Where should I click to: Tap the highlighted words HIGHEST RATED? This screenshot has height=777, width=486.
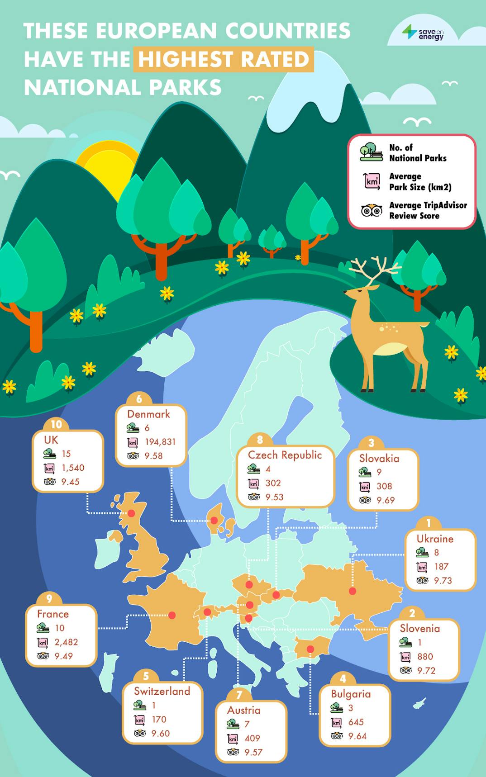click(224, 59)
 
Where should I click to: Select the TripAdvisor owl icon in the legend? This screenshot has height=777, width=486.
click(372, 210)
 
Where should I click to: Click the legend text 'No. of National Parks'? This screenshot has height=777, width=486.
click(417, 153)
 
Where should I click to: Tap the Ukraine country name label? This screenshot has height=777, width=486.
click(435, 539)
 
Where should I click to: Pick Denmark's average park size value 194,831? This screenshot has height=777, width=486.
click(160, 442)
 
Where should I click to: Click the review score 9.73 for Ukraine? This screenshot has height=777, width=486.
click(443, 580)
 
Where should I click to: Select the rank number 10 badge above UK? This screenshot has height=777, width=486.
click(56, 424)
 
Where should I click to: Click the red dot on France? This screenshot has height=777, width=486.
click(172, 615)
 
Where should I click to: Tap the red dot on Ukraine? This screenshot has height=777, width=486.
click(353, 591)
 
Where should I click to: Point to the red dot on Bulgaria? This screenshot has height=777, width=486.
click(310, 649)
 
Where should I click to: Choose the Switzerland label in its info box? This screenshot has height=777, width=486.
click(162, 691)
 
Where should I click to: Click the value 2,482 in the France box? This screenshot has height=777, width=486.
click(66, 642)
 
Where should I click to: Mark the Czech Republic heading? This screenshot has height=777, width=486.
click(285, 455)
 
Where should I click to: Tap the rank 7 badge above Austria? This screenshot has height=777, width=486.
click(239, 695)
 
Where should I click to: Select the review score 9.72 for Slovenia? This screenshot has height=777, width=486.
click(426, 670)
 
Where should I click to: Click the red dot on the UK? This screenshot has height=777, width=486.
click(131, 513)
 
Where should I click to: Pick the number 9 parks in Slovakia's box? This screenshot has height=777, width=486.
click(379, 472)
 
